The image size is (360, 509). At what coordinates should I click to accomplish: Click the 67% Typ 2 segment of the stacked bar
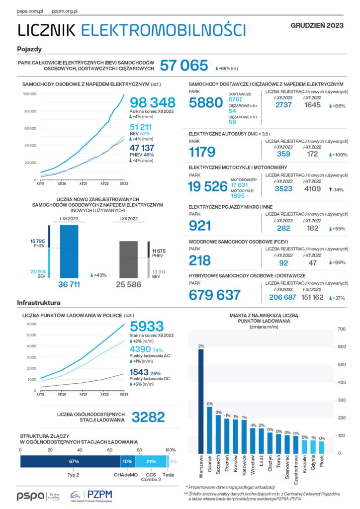click(x=70, y=462)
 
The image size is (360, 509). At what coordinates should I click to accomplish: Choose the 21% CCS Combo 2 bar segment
click(x=151, y=462)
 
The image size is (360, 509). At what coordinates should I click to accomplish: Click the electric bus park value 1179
click(x=202, y=152)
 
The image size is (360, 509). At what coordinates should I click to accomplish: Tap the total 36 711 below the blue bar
click(x=69, y=285)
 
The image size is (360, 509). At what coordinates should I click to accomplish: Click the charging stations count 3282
click(x=148, y=417)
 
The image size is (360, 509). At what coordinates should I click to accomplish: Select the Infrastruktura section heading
click(x=39, y=302)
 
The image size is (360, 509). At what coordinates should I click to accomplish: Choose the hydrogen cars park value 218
click(x=200, y=260)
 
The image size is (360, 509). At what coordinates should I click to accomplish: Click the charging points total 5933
click(x=147, y=327)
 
